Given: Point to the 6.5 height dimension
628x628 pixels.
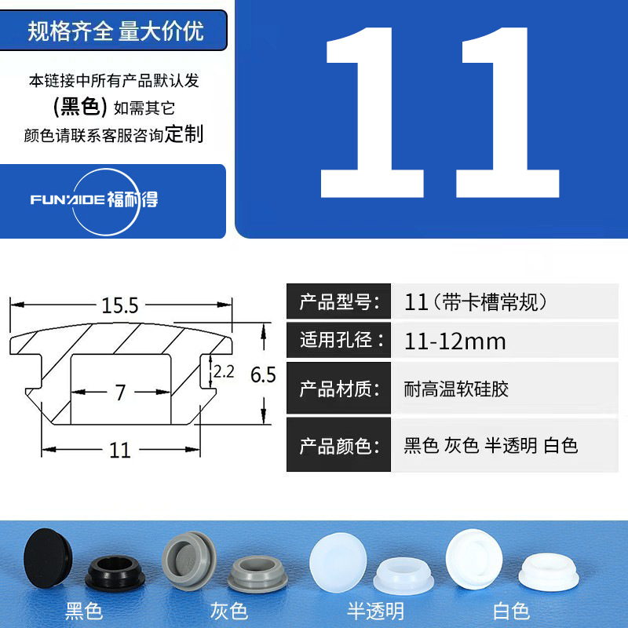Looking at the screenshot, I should (263, 375).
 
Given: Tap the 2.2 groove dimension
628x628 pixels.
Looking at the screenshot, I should (224, 373).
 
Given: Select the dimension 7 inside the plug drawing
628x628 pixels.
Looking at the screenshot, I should (120, 392).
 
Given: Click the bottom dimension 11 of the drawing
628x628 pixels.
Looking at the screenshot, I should (119, 450).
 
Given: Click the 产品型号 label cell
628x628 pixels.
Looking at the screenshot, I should (338, 301).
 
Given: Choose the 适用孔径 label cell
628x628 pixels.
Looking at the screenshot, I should (338, 341).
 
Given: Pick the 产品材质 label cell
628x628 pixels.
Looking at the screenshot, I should (338, 389).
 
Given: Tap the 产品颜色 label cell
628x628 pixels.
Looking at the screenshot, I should (338, 446).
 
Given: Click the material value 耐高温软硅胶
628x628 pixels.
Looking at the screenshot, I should (456, 389).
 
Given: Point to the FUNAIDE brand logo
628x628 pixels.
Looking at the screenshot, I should (94, 199).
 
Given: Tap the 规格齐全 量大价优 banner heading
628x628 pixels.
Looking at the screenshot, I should (115, 31).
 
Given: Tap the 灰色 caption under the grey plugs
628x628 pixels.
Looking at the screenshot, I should (228, 610).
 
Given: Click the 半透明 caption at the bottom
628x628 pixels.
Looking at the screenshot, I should (375, 610).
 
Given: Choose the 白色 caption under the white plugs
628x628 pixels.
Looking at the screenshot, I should (511, 610).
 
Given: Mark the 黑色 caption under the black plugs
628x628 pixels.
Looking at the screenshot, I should (84, 610).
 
